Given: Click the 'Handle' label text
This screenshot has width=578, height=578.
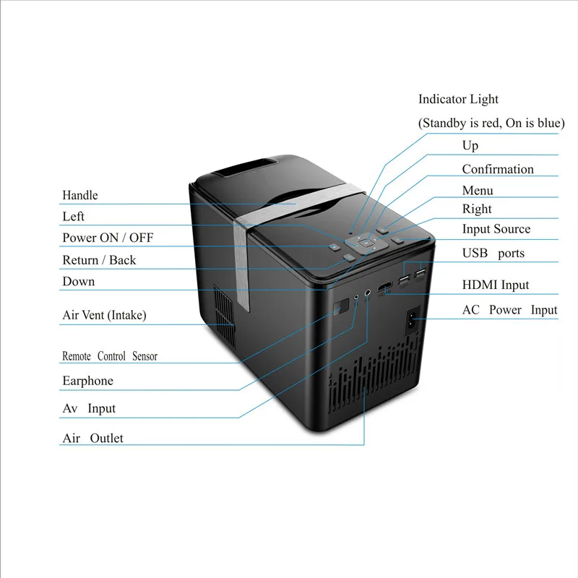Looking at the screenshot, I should point(79,195).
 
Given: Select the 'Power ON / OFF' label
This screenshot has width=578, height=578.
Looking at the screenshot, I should point(108,238).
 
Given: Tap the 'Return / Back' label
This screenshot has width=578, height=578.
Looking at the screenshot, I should point(99,260).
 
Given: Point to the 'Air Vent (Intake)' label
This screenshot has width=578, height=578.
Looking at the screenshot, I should point(104,315).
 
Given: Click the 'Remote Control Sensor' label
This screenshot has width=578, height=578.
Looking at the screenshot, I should point(109,356).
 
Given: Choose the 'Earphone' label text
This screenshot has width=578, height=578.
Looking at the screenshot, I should point(87,381).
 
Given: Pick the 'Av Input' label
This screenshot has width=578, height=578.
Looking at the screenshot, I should point(89,408).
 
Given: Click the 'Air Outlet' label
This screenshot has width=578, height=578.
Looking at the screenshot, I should point(92,438).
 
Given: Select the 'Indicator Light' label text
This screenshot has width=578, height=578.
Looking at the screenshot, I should point(458,99).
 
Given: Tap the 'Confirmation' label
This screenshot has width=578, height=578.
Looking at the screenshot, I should point(498,169).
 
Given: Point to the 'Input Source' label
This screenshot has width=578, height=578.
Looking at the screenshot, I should point(496,229).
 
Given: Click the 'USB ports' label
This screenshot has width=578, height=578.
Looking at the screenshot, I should point(493,253).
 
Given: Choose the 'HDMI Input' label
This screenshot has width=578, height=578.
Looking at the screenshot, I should point(495,285).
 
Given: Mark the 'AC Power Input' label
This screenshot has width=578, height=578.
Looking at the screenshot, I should point(509,310).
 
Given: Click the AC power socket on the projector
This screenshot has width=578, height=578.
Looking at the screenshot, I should point(415,317).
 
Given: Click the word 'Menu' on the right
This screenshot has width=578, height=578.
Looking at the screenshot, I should point(478,190).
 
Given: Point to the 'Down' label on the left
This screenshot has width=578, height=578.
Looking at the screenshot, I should point(78,281).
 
